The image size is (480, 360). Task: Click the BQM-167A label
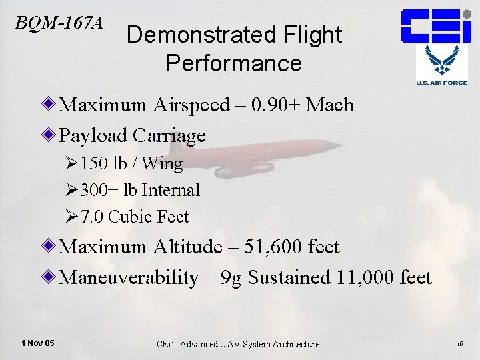[x=59, y=23]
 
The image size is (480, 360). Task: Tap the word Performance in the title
[x=234, y=63]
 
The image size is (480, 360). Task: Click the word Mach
[x=330, y=105]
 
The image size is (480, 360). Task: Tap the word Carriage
[x=169, y=136]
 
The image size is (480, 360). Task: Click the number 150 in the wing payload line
[x=93, y=163]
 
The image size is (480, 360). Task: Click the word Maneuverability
[x=129, y=277]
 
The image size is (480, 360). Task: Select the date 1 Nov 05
[x=38, y=343]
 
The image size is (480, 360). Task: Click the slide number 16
[x=459, y=344]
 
